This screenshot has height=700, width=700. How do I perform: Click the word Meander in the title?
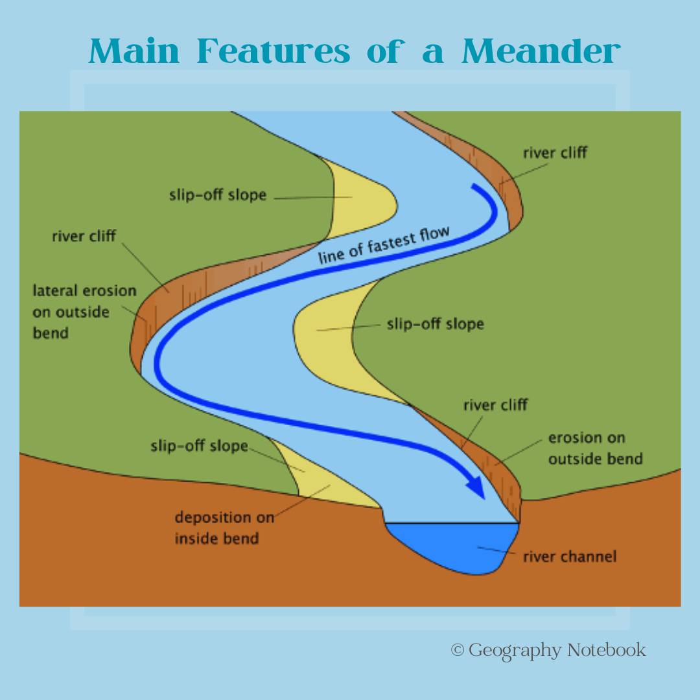(x=541, y=51)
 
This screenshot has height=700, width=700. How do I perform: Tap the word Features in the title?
(x=274, y=51)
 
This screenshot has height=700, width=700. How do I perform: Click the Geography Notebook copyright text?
(x=548, y=650)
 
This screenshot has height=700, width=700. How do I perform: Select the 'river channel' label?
(x=570, y=556)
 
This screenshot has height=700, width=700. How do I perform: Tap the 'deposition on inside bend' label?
(x=224, y=528)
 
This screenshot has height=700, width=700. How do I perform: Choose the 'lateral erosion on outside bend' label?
(x=84, y=312)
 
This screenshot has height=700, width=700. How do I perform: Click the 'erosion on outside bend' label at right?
(x=596, y=449)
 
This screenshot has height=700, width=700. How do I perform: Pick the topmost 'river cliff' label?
(x=555, y=153)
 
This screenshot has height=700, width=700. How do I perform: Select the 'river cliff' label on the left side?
(x=84, y=236)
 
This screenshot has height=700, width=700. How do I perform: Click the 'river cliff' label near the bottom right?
(x=496, y=405)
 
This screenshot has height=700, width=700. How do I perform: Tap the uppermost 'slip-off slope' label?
(x=217, y=195)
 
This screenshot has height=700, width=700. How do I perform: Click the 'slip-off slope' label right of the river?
(x=436, y=324)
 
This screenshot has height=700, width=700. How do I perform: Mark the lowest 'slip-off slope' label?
(x=199, y=446)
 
